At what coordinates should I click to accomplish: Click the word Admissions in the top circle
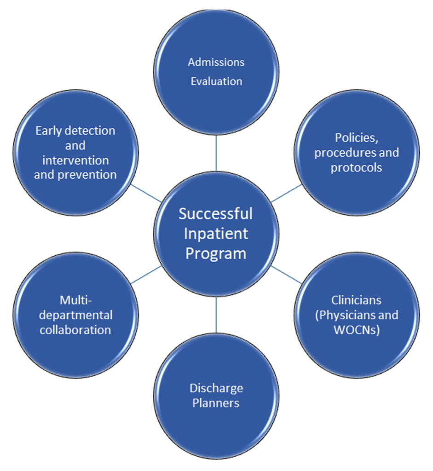(x=216, y=62)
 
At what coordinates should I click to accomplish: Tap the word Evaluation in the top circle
(x=216, y=81)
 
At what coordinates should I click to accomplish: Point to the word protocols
(x=356, y=167)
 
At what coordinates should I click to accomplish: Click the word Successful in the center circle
(x=216, y=213)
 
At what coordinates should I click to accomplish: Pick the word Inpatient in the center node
(x=216, y=233)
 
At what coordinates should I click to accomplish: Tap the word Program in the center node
(x=216, y=253)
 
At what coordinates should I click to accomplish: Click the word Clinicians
(x=356, y=300)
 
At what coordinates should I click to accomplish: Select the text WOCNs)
(x=356, y=330)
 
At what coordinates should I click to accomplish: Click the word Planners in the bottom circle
(x=216, y=403)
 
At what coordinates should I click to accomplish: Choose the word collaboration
(x=75, y=330)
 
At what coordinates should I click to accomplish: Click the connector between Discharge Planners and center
(x=216, y=315)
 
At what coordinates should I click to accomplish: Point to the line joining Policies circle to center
(x=286, y=193)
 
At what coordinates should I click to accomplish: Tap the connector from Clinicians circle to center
(x=286, y=274)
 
